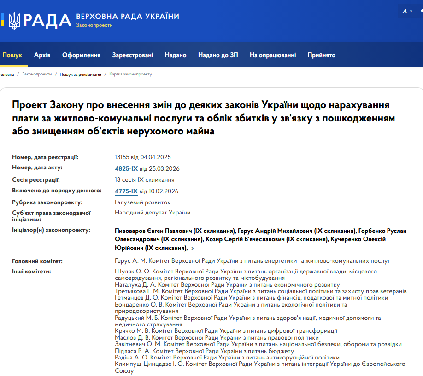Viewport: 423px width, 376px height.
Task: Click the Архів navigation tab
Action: [x=42, y=55]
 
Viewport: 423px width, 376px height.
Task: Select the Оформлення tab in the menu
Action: [x=81, y=55]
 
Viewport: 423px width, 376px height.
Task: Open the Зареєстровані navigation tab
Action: [x=133, y=55]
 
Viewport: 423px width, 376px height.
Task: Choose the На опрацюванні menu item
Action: [x=273, y=55]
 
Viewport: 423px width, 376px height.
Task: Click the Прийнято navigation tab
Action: [x=322, y=55]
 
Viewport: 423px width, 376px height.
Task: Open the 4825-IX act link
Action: [x=126, y=168]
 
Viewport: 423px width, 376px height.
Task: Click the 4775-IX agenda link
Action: [x=126, y=191]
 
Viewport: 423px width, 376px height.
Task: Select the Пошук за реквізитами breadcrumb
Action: [x=80, y=74]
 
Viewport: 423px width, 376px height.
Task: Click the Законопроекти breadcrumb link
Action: [x=37, y=74]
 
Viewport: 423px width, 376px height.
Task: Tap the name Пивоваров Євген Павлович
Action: [x=153, y=231]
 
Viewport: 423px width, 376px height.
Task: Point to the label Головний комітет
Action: [x=37, y=261]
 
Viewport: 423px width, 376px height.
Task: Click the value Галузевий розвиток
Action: [x=142, y=202]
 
